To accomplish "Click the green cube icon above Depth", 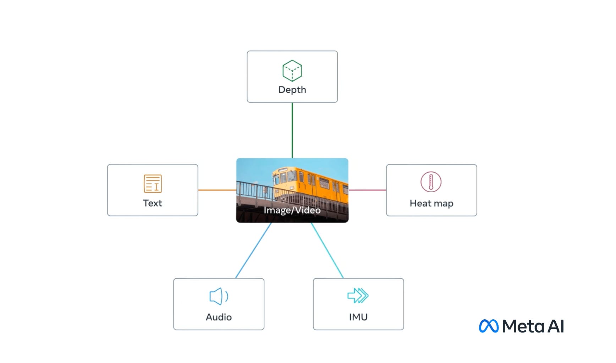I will click(292, 70).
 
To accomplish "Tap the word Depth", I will click(292, 90).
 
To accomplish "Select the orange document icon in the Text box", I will click(153, 183).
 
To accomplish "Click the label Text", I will click(153, 203).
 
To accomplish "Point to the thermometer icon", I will click(431, 182).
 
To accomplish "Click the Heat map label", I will click(431, 203).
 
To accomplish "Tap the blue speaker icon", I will click(219, 296).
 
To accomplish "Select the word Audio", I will click(219, 317).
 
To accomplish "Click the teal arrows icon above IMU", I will click(358, 296).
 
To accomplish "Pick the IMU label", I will click(358, 317).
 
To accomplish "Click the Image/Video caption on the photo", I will click(292, 210).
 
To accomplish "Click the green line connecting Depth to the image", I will click(292, 130).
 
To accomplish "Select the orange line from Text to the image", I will click(217, 190).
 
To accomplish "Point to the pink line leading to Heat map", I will click(367, 190).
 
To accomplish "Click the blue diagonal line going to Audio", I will click(253, 250).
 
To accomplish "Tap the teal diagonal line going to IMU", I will click(327, 250).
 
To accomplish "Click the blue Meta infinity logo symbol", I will click(489, 326).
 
